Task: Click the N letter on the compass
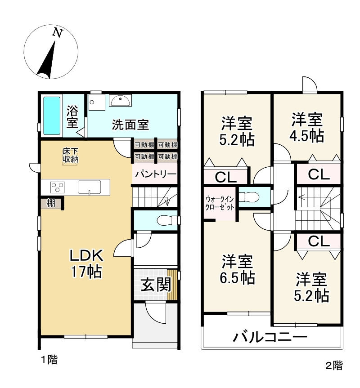(x=57, y=32)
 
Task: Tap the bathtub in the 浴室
(x=52, y=116)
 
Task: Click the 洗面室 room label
(x=130, y=124)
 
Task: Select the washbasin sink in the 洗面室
(x=120, y=101)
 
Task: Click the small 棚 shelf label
(x=51, y=203)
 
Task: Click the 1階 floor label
(x=49, y=359)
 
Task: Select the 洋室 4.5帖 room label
(x=307, y=128)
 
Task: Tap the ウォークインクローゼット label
(x=220, y=203)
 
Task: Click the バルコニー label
(x=270, y=336)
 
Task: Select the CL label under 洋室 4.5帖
(x=319, y=174)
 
